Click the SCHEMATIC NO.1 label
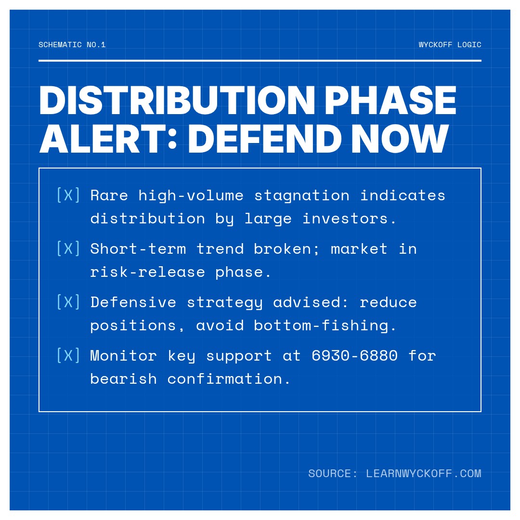point(72,45)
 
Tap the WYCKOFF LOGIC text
point(450,45)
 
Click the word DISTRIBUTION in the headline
point(177,100)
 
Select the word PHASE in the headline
point(390,100)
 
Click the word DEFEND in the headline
point(265,139)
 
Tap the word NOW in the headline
point(400,139)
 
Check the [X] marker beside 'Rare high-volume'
point(68,195)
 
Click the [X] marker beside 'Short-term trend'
point(68,248)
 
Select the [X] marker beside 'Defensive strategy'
point(68,302)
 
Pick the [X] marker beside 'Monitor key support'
point(68,355)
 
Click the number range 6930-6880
point(354,355)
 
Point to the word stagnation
point(302,195)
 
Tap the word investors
point(350,219)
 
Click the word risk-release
point(148,272)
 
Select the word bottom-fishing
point(325,325)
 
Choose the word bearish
point(124,379)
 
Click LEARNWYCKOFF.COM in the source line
point(424,473)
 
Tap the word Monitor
point(124,355)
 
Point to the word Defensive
point(133,302)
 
